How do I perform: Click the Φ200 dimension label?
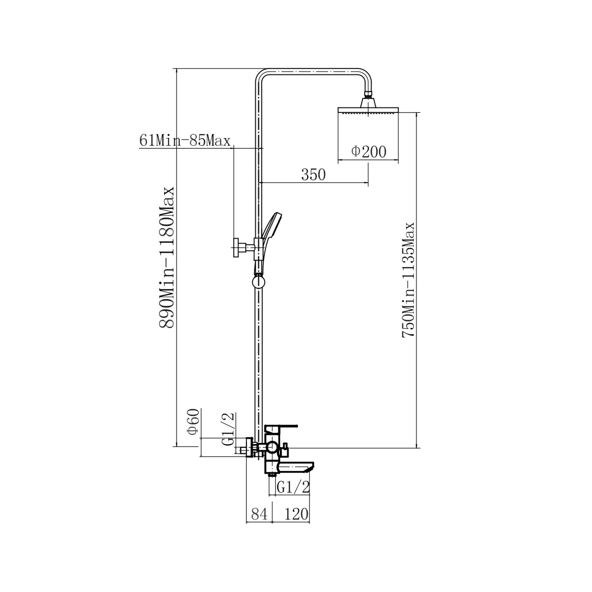click(x=369, y=151)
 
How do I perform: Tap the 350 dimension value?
click(x=313, y=174)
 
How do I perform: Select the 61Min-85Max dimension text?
click(x=185, y=141)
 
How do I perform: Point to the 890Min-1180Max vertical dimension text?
click(x=166, y=257)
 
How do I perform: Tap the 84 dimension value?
click(x=259, y=514)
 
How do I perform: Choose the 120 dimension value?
click(x=296, y=514)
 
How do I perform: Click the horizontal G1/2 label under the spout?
click(x=293, y=487)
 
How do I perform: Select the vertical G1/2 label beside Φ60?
click(x=229, y=429)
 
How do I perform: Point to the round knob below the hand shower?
click(x=258, y=282)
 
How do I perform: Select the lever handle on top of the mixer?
click(x=281, y=428)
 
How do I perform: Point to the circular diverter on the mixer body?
click(x=272, y=448)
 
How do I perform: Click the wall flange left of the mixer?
click(x=249, y=447)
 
